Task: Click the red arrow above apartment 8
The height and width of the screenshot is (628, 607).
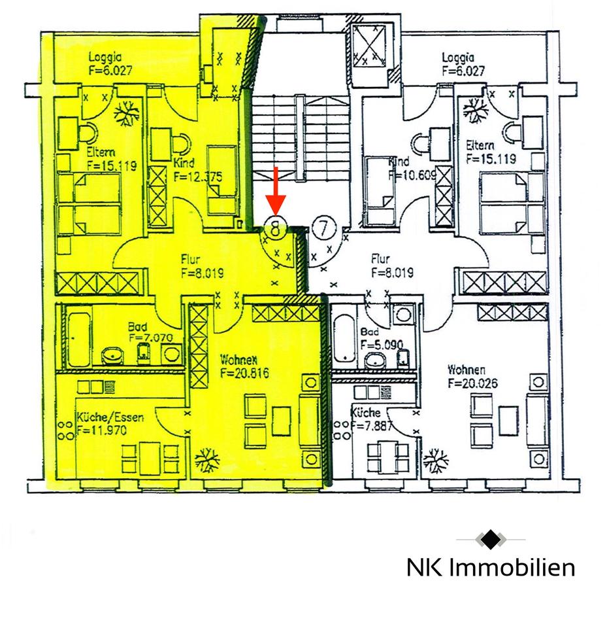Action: (x=276, y=189)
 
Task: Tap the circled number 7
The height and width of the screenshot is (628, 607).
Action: (x=323, y=228)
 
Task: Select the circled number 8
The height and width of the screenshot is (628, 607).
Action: (x=276, y=228)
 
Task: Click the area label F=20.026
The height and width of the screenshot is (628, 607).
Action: (x=472, y=383)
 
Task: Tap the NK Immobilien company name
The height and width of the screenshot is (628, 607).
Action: (x=491, y=567)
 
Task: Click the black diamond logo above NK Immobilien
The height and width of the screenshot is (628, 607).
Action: (x=491, y=540)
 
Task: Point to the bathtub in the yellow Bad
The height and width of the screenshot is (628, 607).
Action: (x=78, y=340)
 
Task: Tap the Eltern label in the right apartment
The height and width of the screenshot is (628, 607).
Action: (x=480, y=146)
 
